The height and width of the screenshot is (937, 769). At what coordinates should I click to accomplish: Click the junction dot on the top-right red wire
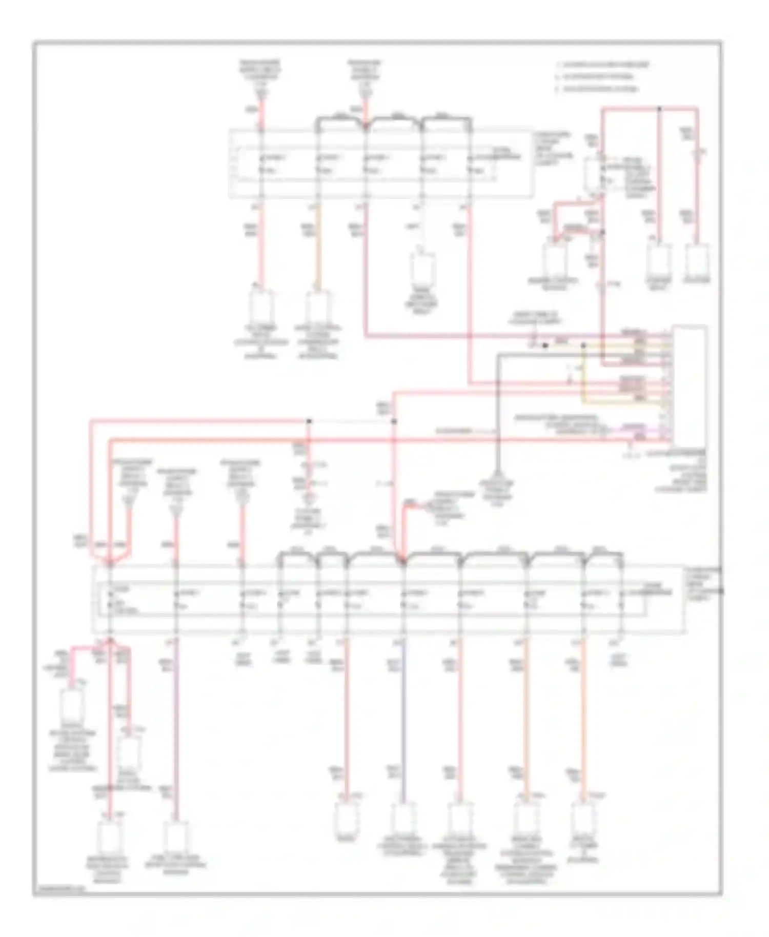tap(659, 109)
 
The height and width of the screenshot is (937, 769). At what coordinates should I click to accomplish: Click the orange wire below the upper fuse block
tap(316, 246)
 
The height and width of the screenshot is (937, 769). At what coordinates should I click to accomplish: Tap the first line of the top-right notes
tap(603, 65)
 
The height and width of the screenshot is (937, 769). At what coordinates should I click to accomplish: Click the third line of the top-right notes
tap(598, 89)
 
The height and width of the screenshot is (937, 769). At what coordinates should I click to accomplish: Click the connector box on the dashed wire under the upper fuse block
tap(423, 268)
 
